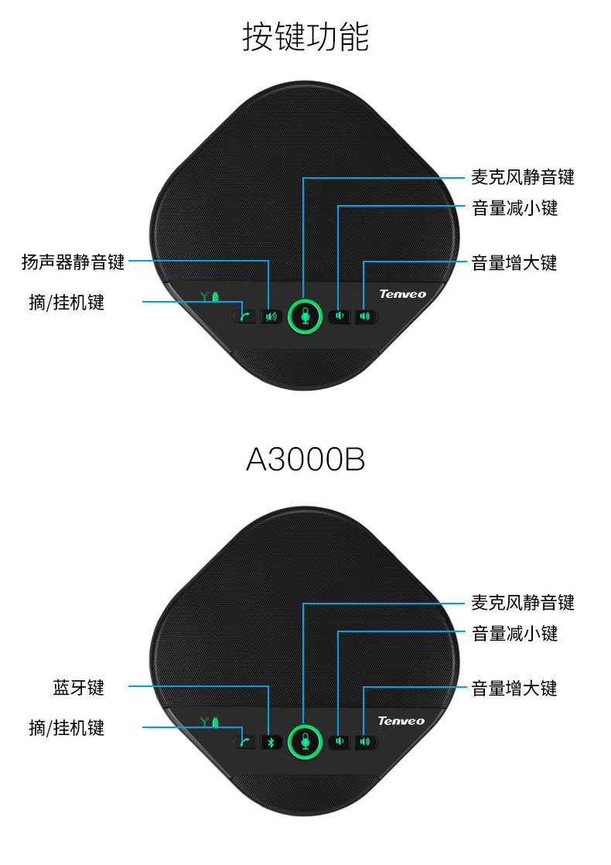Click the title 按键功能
[305, 37]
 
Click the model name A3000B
[305, 460]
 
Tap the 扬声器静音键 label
[73, 262]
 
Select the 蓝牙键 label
[78, 687]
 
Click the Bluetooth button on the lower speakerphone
[271, 742]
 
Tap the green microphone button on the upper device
[305, 316]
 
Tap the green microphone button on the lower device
[305, 742]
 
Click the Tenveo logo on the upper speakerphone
[401, 294]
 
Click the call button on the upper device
[244, 316]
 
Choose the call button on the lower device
[244, 742]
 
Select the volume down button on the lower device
[339, 742]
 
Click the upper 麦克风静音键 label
[523, 177]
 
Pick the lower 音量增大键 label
[514, 687]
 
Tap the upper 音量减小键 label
[514, 208]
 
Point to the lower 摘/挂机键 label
[67, 727]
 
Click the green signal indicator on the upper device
[210, 296]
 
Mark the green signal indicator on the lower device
[210, 722]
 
